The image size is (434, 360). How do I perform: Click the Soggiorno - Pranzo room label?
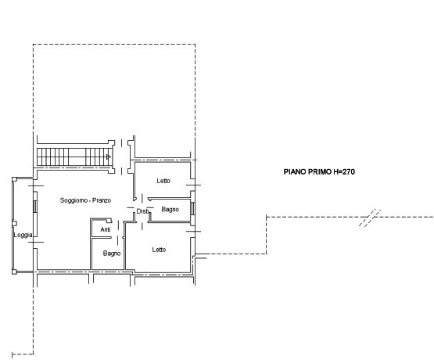[85, 200]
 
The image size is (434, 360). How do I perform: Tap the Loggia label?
[23, 235]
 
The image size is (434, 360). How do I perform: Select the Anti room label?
[106, 229]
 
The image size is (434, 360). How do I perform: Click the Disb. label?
[143, 211]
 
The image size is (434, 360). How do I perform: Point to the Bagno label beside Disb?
[170, 210]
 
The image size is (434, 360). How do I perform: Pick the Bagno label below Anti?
[112, 254]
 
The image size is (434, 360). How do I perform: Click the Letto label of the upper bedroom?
[163, 181]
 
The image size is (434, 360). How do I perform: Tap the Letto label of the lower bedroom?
[159, 250]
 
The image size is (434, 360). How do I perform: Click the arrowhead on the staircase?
[109, 157]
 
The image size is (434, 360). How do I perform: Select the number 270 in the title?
[349, 172]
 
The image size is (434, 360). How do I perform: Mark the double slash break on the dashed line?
[370, 218]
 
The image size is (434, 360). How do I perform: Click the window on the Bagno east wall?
[192, 208]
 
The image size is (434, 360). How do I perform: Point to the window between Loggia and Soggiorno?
[35, 206]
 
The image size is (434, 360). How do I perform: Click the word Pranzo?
[102, 200]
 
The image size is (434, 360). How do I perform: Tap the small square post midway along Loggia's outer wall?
[14, 223]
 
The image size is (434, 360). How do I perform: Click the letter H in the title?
[335, 172]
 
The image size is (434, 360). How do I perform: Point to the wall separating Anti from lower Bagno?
[102, 237]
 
